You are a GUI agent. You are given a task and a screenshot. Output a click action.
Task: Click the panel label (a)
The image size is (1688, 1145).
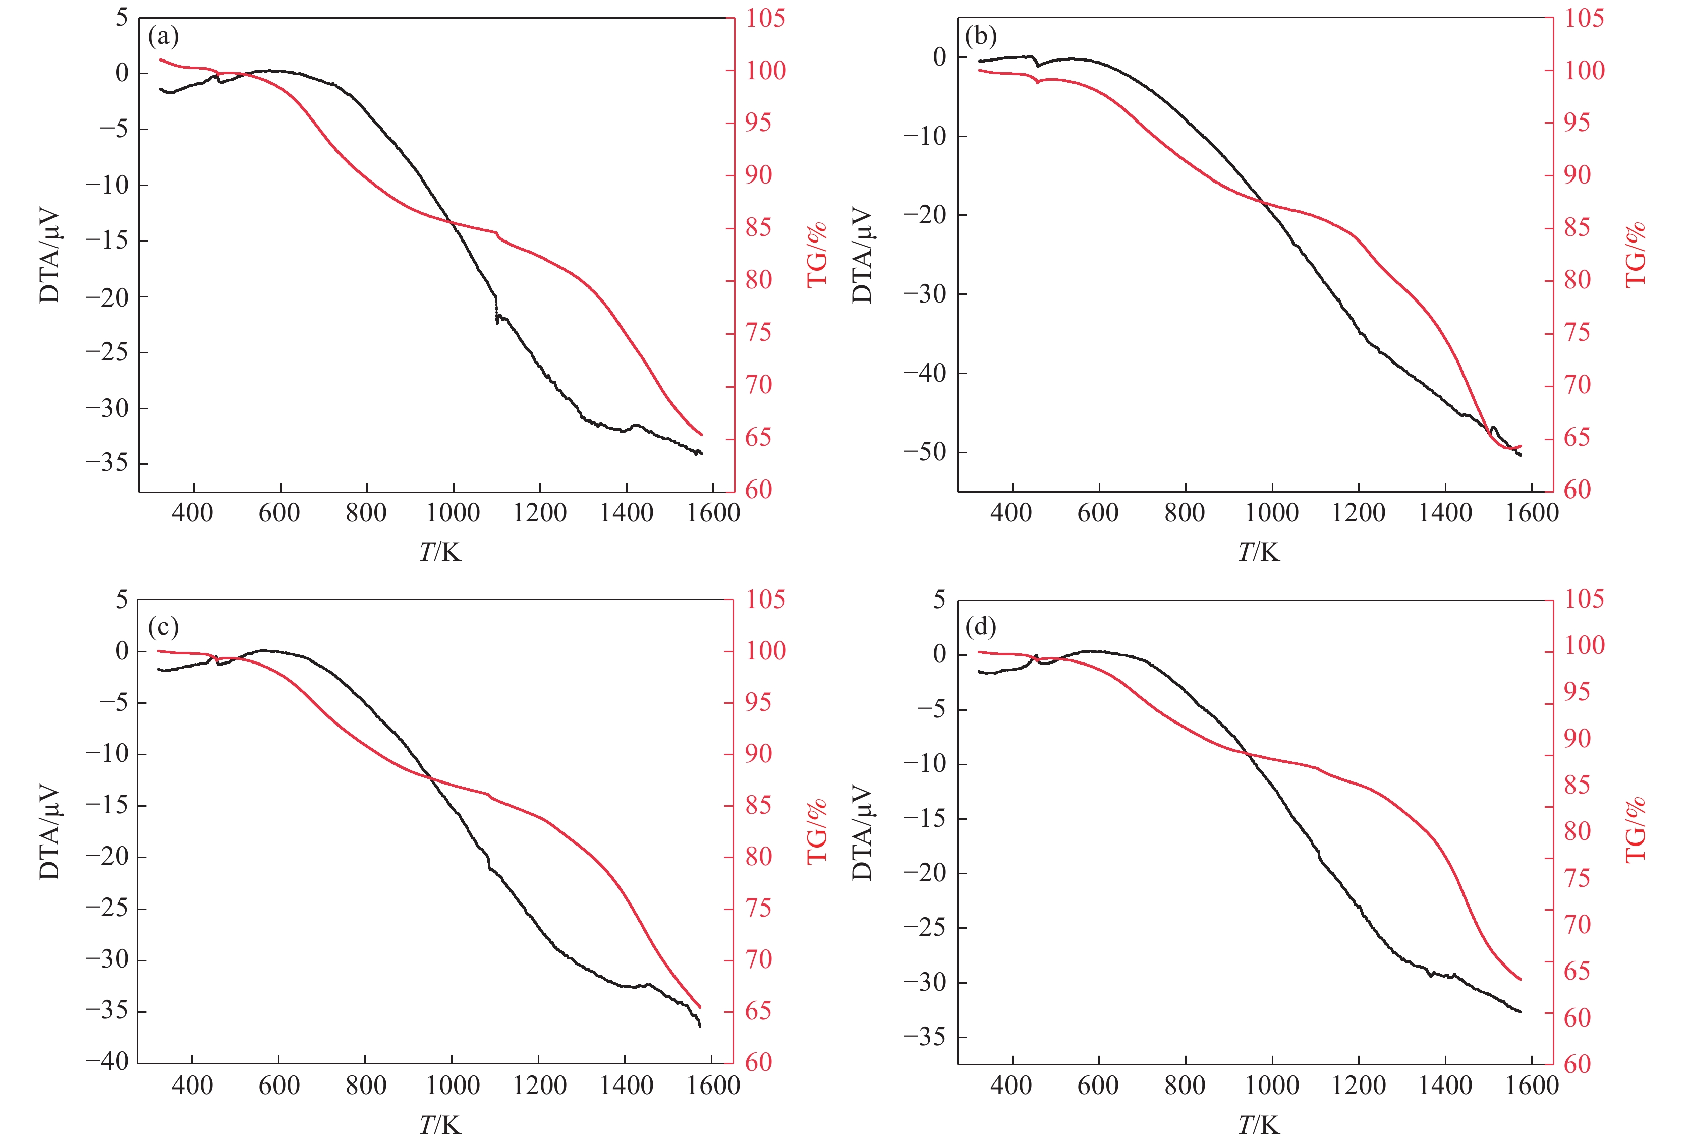pyautogui.click(x=163, y=36)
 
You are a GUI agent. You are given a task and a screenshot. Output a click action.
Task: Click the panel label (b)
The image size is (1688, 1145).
pyautogui.click(x=981, y=36)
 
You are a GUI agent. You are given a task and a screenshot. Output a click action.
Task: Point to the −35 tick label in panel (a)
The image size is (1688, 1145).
pyautogui.click(x=107, y=463)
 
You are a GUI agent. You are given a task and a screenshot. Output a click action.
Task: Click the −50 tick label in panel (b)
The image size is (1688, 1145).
pyautogui.click(x=925, y=452)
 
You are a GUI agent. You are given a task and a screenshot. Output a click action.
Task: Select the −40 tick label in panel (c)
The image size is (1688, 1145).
pyautogui.click(x=107, y=1061)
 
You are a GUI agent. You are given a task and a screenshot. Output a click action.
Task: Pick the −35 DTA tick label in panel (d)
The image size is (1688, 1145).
pyautogui.click(x=925, y=1036)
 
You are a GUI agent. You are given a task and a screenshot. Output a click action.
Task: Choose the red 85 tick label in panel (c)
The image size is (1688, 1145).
pyautogui.click(x=758, y=805)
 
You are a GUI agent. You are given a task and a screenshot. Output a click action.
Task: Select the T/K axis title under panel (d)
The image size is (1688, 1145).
pyautogui.click(x=1259, y=1125)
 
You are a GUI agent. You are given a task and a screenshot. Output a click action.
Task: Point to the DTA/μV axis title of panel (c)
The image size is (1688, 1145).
pyautogui.click(x=49, y=831)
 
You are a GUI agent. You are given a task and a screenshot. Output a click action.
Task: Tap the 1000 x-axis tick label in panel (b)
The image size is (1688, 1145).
pyautogui.click(x=1272, y=513)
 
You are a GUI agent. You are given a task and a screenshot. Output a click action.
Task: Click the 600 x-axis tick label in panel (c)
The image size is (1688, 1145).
pyautogui.click(x=279, y=1086)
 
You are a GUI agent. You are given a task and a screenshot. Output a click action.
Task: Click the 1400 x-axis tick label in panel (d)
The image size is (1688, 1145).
pyautogui.click(x=1445, y=1086)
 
